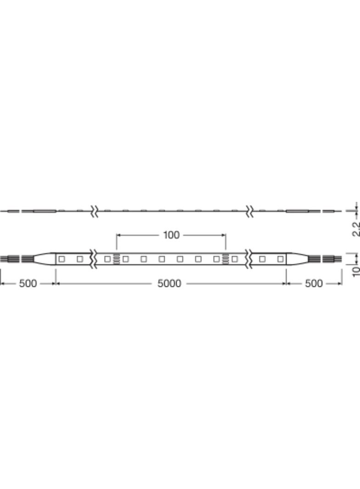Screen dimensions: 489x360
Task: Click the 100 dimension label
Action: click(x=171, y=235)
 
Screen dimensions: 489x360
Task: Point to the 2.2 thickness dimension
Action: click(x=355, y=228)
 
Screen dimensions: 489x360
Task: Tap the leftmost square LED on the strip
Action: click(x=62, y=259)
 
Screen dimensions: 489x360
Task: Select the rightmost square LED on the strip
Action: click(x=280, y=259)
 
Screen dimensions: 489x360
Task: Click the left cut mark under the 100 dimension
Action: click(x=117, y=259)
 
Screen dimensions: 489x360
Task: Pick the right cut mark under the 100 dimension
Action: click(x=225, y=259)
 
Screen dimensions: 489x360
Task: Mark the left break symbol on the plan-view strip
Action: click(x=95, y=259)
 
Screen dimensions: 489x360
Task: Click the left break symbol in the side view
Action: click(x=95, y=211)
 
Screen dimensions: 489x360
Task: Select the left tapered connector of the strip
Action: click(x=45, y=259)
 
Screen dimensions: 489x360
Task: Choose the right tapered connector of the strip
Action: click(x=297, y=259)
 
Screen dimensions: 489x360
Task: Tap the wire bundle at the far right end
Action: click(x=332, y=259)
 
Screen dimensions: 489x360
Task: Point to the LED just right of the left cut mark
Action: click(x=125, y=259)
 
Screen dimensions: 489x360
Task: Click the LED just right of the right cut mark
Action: click(x=235, y=259)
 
